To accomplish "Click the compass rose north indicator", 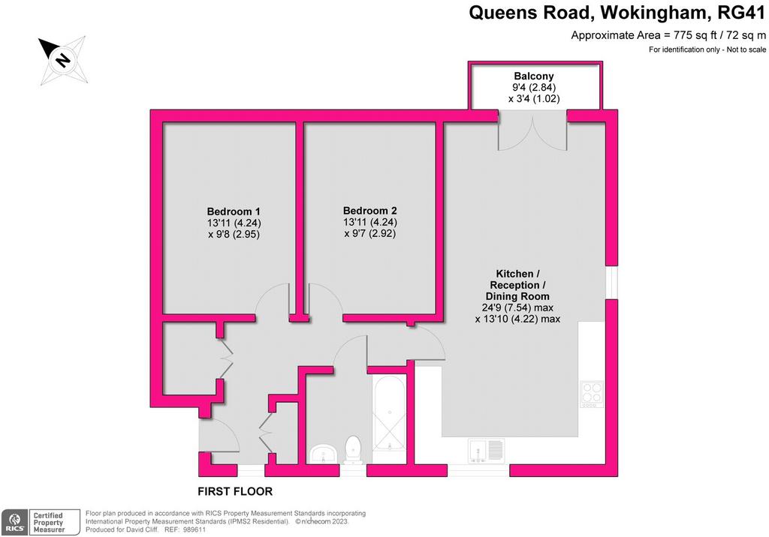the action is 63,60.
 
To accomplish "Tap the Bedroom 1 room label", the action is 234,211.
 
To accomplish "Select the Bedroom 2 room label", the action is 369,211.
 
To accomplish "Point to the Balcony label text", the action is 534,76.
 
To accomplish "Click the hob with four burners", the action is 592,394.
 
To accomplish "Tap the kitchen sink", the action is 486,451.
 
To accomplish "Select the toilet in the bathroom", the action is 353,450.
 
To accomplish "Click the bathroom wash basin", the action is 324,453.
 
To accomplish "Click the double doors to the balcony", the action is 532,130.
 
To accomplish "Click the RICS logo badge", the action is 15,522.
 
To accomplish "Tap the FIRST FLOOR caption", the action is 235,491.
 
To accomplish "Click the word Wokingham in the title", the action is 655,12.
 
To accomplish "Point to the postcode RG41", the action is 741,12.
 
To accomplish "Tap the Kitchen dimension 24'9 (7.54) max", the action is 517,307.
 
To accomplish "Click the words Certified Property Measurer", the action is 49,522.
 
